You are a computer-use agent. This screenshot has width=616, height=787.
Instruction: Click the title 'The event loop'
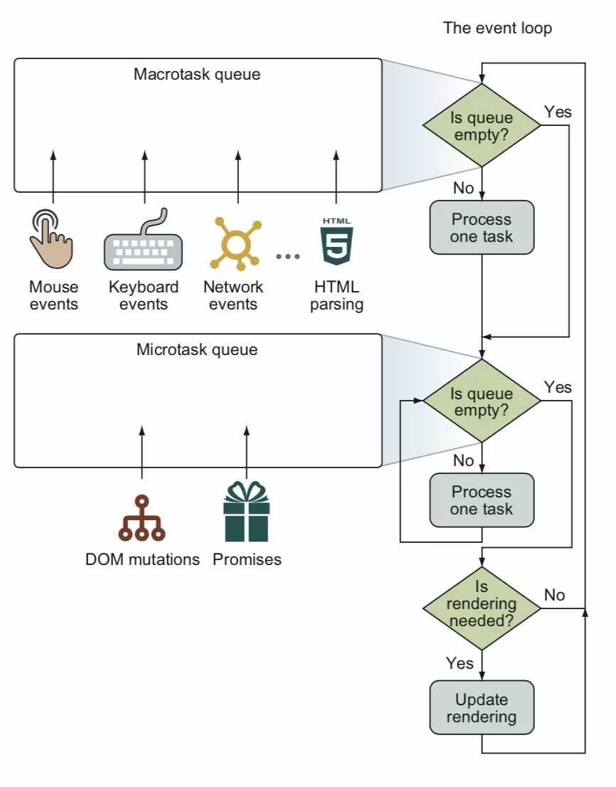click(497, 28)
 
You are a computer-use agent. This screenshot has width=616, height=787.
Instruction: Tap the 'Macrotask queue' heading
click(197, 74)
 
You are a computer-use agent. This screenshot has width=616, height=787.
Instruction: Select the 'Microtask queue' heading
click(197, 349)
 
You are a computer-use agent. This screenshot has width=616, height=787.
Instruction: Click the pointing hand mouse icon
click(51, 238)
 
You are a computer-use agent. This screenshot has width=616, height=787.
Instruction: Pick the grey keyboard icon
click(144, 242)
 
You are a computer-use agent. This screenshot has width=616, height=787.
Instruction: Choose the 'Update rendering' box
click(482, 707)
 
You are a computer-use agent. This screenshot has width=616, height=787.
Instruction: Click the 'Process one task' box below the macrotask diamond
click(482, 227)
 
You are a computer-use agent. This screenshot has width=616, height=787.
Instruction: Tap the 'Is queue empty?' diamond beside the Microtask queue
click(482, 401)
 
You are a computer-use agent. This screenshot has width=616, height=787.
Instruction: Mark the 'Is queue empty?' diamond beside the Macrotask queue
click(482, 126)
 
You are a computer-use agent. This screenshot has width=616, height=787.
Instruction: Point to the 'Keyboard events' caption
click(144, 296)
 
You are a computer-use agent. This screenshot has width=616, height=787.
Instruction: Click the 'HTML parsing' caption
click(336, 296)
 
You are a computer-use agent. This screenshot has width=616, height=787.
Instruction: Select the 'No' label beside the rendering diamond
click(555, 594)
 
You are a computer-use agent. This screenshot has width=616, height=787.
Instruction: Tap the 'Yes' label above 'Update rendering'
click(460, 663)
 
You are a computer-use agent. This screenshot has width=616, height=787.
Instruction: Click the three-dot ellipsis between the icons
click(288, 256)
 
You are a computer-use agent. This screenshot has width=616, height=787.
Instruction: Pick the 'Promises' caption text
click(247, 559)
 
